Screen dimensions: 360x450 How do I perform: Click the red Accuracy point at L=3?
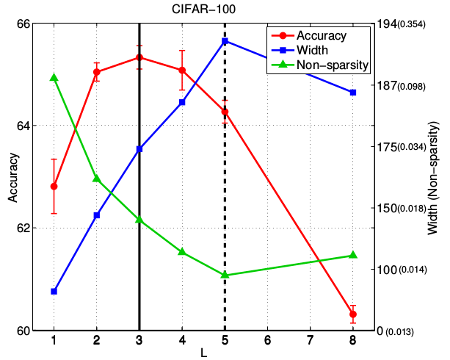pyautogui.click(x=139, y=57)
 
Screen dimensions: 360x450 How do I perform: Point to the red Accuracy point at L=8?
pyautogui.click(x=353, y=314)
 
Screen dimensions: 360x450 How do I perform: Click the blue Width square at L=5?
pyautogui.click(x=225, y=40)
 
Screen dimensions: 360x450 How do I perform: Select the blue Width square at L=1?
pyautogui.click(x=54, y=292)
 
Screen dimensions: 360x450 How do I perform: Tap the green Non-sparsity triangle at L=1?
pyautogui.click(x=54, y=77)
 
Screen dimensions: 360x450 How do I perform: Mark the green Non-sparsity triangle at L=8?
pyautogui.click(x=353, y=255)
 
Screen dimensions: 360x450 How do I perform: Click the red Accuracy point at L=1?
pyautogui.click(x=54, y=186)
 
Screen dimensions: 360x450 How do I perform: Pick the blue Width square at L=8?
pyautogui.click(x=353, y=93)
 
